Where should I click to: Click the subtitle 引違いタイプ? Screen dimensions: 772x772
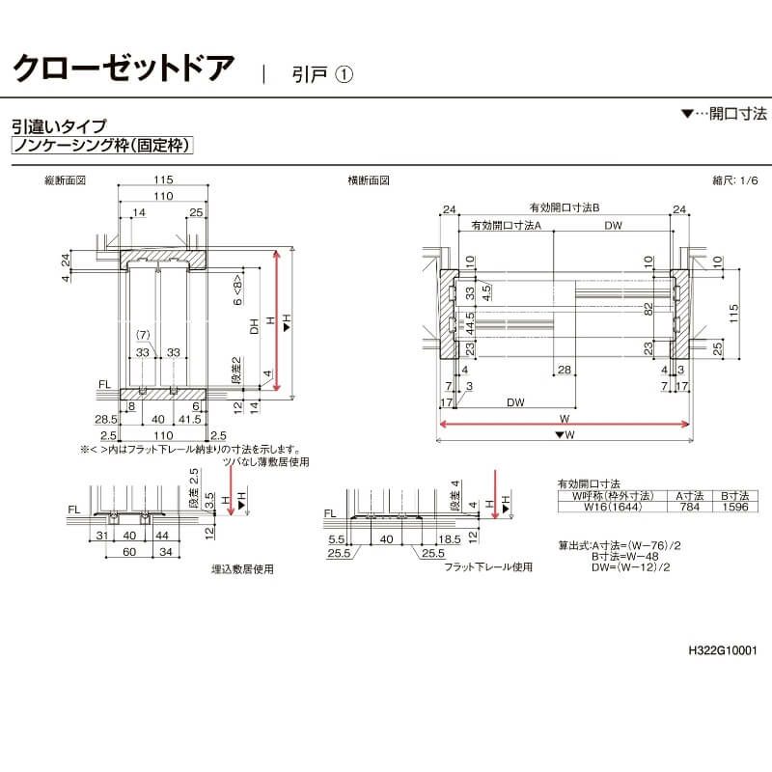pos(59,125)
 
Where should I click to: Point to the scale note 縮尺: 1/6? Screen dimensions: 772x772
pos(734,180)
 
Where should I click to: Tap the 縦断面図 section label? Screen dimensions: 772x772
pos(66,180)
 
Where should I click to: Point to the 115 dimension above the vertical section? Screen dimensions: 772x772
pos(163,180)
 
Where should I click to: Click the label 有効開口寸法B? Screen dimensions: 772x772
pos(565,207)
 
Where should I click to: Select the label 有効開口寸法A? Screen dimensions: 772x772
pos(506,225)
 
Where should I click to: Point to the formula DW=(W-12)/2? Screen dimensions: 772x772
pos(637,567)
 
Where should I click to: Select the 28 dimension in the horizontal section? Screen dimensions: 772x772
pos(564,371)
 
